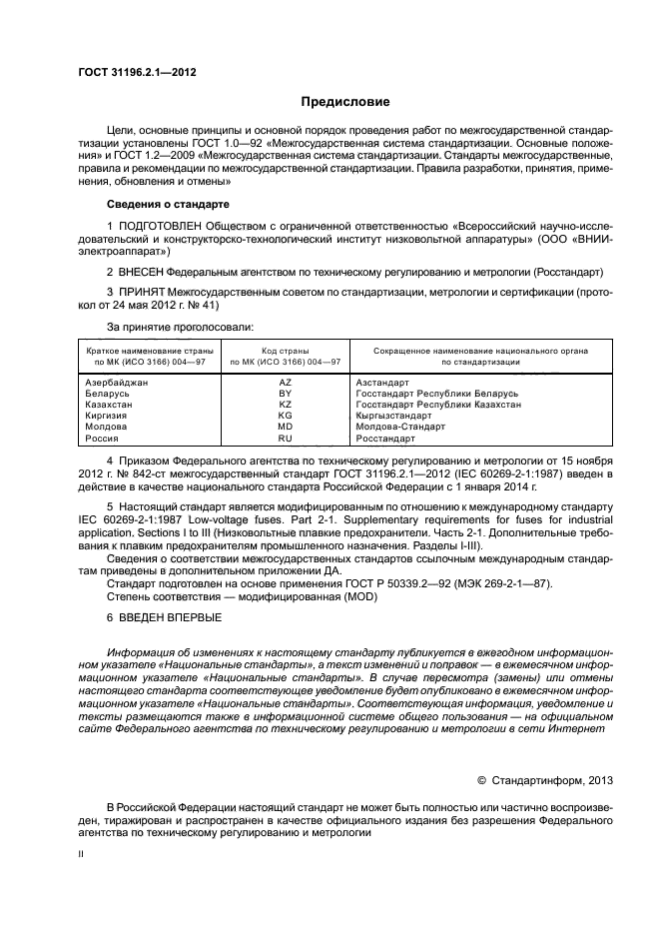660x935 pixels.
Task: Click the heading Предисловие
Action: pos(338,102)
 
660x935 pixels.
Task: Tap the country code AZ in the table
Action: pos(285,383)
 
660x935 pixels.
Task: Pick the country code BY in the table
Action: pos(285,394)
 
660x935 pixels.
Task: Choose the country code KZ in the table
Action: pos(285,405)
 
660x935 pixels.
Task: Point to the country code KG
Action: pos(285,416)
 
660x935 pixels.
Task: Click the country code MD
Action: pos(285,427)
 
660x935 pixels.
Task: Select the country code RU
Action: pos(285,438)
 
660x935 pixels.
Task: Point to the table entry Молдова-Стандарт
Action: pos(399,427)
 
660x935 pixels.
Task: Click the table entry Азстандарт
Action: pos(382,383)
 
